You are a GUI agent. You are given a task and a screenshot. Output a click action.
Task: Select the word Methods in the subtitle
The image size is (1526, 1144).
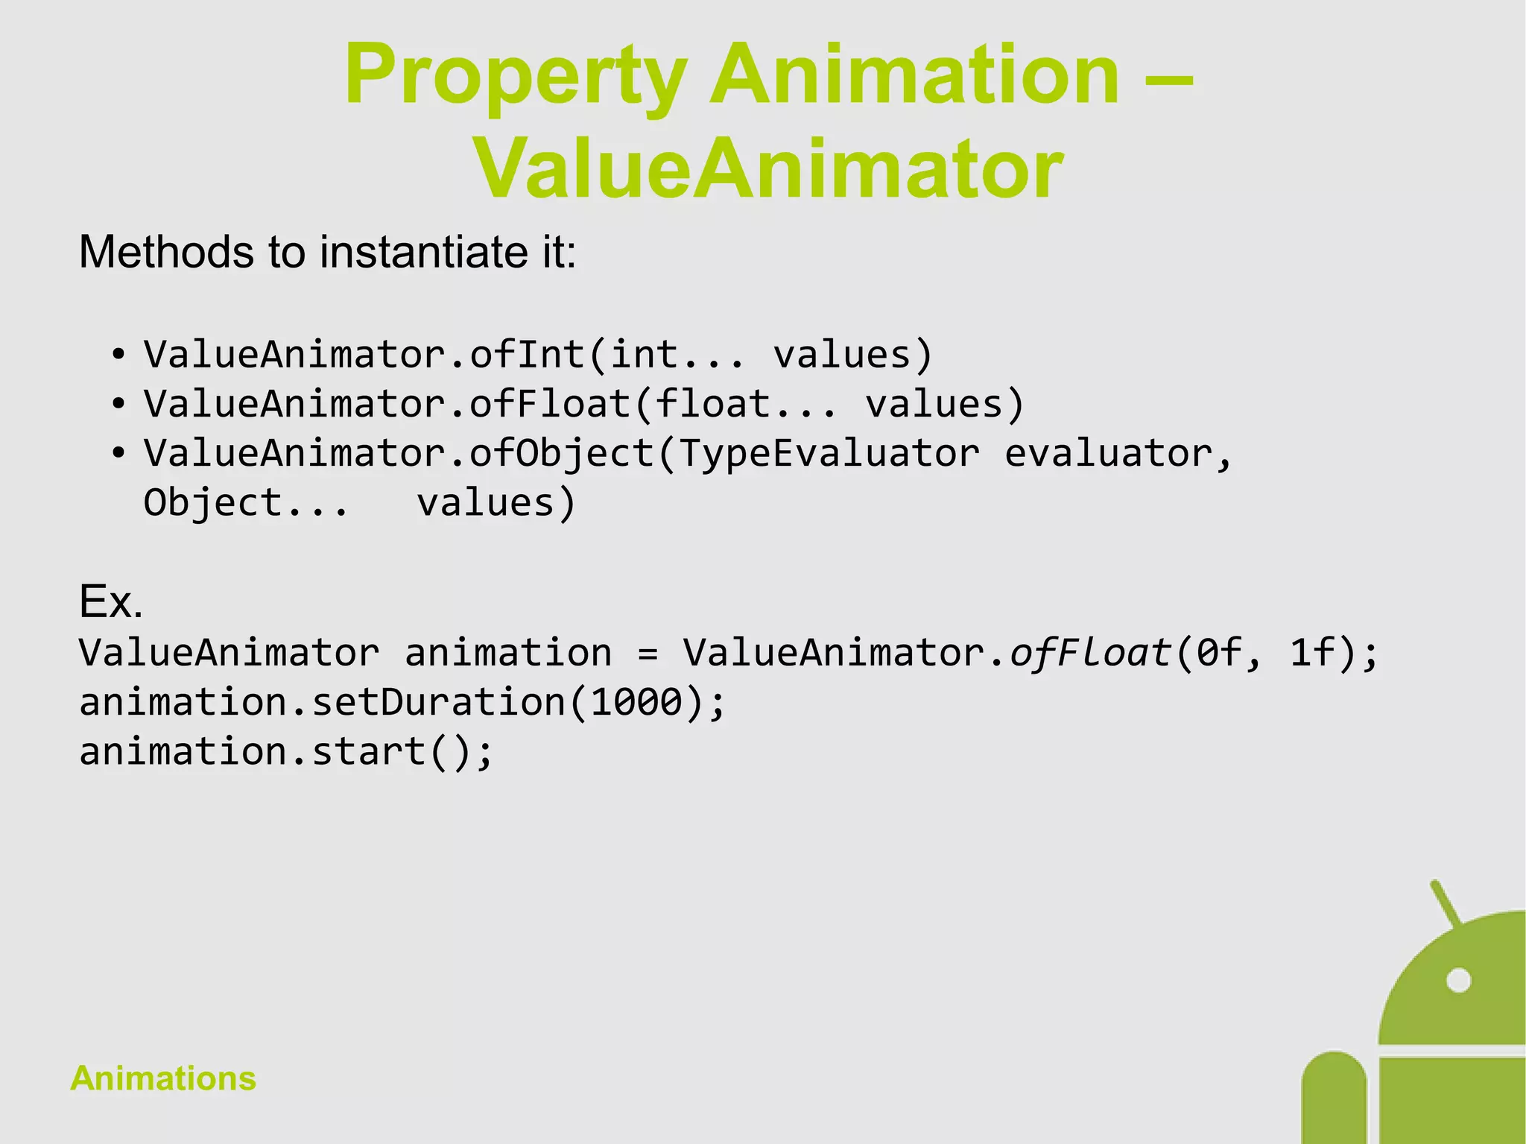[x=166, y=252]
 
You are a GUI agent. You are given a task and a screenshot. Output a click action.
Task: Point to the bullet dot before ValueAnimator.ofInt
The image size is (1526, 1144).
[x=118, y=355]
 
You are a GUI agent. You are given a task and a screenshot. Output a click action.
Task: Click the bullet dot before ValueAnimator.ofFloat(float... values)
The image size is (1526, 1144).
[x=118, y=405]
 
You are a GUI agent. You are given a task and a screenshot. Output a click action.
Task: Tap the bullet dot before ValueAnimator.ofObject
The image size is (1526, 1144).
[x=118, y=454]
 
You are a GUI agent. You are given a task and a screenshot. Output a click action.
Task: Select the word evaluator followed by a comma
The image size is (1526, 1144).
[x=1118, y=454]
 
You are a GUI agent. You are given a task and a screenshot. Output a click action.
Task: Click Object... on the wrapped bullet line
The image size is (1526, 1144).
[x=246, y=503]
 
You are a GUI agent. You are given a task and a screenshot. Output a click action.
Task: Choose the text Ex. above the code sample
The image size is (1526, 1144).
[x=110, y=601]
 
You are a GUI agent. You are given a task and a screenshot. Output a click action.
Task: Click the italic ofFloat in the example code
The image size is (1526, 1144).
[x=1091, y=653]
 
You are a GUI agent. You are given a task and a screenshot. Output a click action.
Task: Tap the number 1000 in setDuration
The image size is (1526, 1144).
[x=637, y=702]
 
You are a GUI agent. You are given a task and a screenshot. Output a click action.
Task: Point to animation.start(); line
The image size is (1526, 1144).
[x=286, y=751]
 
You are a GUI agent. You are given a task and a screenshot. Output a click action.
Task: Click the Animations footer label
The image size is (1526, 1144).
[x=163, y=1078]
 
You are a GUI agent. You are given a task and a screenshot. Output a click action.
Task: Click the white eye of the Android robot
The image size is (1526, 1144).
[x=1458, y=980]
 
